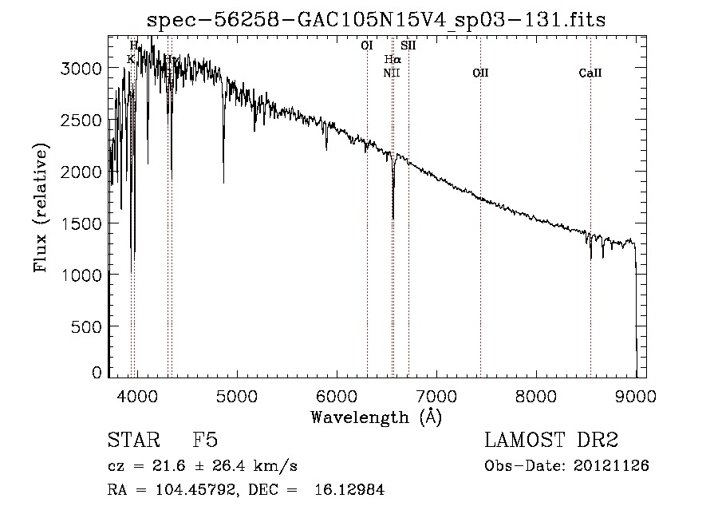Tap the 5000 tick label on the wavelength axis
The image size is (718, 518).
coord(236,396)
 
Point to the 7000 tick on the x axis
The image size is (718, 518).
coord(436,396)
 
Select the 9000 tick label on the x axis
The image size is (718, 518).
coord(636,396)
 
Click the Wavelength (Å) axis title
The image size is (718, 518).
coord(376,417)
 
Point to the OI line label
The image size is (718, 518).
coord(367,45)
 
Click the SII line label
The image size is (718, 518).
coord(408,45)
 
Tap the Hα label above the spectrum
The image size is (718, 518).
coord(392,59)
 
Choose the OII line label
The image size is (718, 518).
coord(480,73)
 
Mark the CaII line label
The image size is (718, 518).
coord(590,73)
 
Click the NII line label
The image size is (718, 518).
coord(391,73)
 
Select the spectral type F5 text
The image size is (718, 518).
coord(205,441)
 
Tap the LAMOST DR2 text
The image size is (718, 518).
coord(551,441)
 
